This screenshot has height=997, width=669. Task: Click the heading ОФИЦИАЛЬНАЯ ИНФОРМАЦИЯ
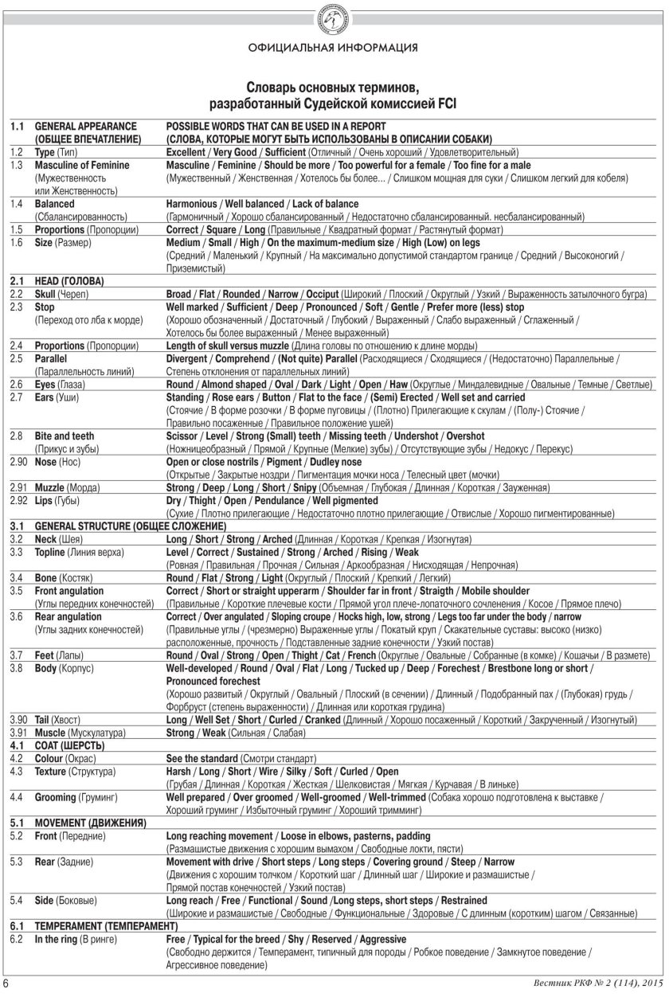click(x=333, y=48)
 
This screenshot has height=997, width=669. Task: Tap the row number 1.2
click(x=17, y=151)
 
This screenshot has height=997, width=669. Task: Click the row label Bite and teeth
click(x=65, y=436)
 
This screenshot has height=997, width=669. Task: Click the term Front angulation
click(x=69, y=591)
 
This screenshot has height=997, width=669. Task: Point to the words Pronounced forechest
click(x=213, y=682)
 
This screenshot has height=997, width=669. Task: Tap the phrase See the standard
click(x=201, y=758)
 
